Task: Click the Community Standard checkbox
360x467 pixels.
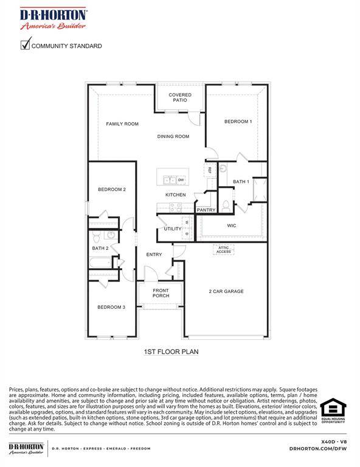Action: click(25, 44)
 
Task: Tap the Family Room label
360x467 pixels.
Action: click(122, 124)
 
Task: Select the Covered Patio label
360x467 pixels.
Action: click(180, 97)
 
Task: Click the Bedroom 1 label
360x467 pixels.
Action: click(238, 122)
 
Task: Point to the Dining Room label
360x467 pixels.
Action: click(174, 137)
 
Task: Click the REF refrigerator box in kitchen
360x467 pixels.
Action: click(210, 170)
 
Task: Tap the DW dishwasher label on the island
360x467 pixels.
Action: click(181, 180)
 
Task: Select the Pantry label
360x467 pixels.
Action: click(206, 210)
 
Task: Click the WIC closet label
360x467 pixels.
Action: click(231, 226)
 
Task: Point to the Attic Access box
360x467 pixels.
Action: click(223, 249)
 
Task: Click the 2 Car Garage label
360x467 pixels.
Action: click(226, 291)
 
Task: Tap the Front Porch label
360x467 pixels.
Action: click(161, 293)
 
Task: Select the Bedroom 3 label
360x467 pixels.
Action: click(111, 307)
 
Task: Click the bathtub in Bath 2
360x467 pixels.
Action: click(100, 263)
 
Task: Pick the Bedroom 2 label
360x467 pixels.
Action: click(112, 190)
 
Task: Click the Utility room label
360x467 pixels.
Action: click(172, 229)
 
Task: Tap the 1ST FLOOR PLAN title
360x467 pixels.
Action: click(171, 351)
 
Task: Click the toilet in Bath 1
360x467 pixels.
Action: click(226, 206)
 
